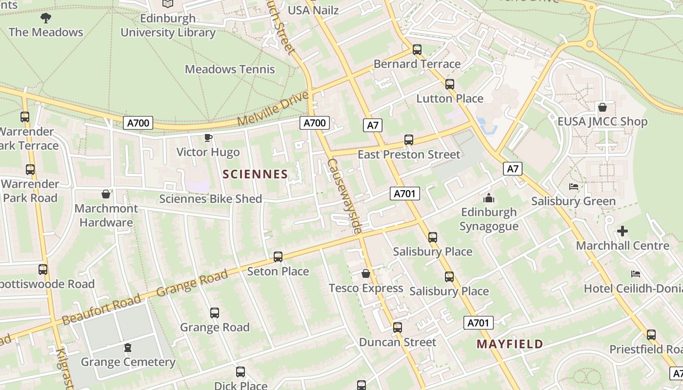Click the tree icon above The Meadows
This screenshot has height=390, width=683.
pos(46,19)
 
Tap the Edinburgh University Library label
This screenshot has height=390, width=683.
pos(168,25)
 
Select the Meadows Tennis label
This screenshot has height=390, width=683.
pos(230,69)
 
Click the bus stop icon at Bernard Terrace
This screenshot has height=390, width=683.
pos(417,50)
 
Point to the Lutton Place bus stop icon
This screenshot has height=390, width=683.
pos(450,84)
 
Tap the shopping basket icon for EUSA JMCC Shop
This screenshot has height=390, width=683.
pos(603,107)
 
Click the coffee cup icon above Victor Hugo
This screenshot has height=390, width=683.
pos(208,138)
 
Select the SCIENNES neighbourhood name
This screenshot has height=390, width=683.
pos(255,174)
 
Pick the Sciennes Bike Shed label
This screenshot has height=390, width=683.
pos(210,199)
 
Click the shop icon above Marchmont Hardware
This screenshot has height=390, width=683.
pos(106,194)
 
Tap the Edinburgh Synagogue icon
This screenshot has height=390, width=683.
pos(488,198)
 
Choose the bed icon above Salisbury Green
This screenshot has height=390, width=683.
pos(574,187)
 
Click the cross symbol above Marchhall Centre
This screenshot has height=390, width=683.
pos(623,231)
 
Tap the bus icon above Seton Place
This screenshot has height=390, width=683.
pos(278,256)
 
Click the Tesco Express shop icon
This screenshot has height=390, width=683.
pos(366,273)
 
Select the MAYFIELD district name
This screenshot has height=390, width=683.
pos(510,344)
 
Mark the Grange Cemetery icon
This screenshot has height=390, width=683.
pos(128,348)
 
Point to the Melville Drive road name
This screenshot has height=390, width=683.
pos(273,108)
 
